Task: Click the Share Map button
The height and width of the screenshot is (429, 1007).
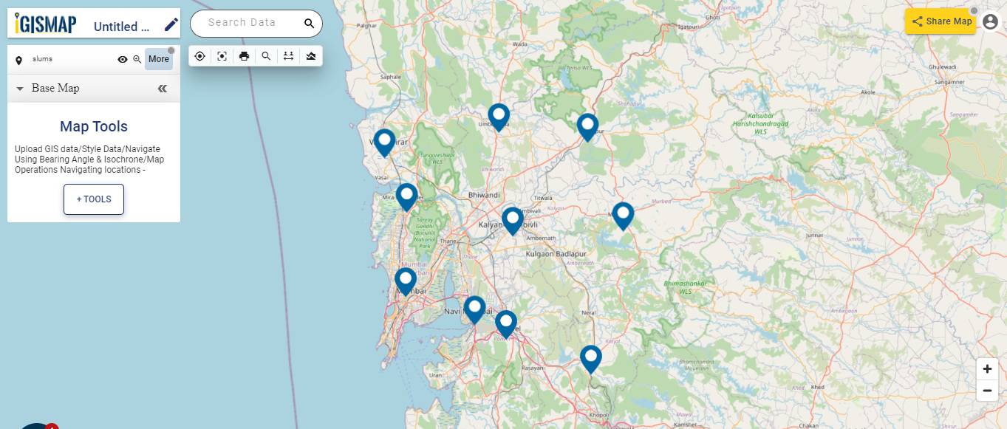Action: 941,21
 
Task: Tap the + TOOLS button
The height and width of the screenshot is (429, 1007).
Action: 94,199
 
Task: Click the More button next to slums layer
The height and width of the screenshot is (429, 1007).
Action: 159,59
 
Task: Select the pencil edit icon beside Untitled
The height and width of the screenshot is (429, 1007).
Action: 171,25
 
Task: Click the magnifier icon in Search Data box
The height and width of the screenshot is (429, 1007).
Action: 309,24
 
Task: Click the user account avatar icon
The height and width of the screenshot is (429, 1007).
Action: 991,22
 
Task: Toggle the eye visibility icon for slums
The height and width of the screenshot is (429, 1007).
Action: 123,59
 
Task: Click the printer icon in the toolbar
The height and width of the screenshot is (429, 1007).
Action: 244,56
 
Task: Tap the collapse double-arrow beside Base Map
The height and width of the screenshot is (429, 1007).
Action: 163,89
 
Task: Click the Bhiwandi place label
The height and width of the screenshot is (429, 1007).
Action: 485,195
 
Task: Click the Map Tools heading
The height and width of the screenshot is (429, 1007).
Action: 94,126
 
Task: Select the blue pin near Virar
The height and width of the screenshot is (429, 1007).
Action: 384,141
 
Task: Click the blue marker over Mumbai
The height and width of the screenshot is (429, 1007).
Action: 406,280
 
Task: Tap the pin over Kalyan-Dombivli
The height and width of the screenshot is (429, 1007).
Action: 513,219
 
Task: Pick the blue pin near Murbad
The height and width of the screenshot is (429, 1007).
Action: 624,214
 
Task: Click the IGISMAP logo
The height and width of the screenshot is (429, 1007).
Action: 46,24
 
